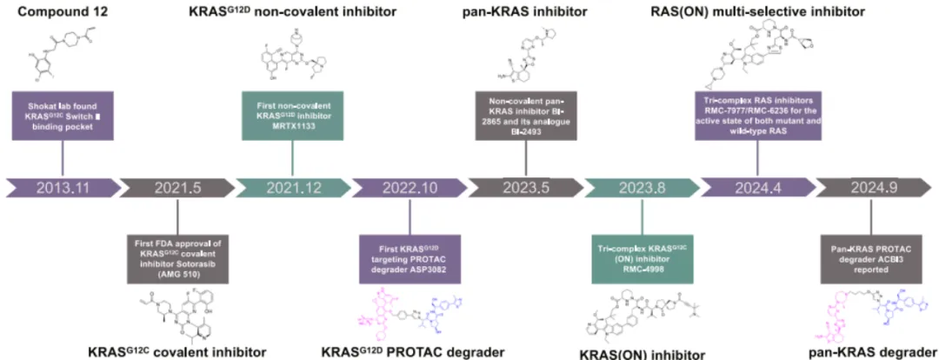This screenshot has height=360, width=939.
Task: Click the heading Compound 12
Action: click(x=61, y=11)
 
